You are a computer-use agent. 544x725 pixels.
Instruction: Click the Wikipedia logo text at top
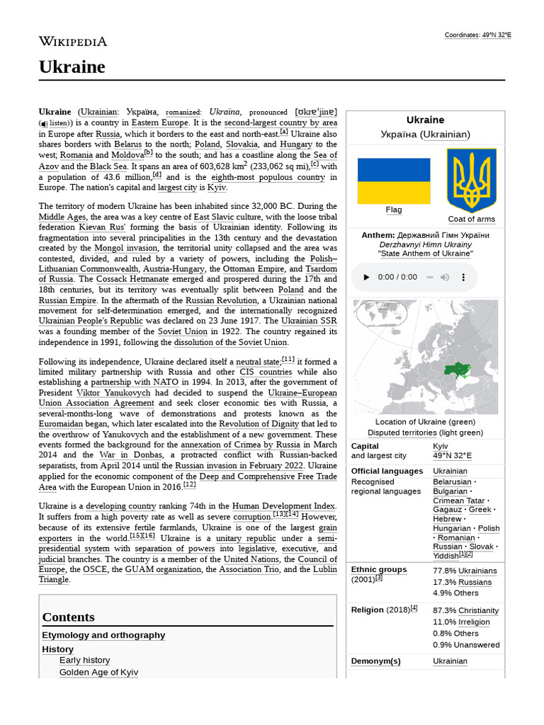tap(73, 42)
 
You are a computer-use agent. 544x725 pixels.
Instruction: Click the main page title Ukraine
tap(72, 67)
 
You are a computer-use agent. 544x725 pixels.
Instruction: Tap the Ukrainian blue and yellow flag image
tap(394, 181)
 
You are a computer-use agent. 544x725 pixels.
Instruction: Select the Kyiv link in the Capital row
tap(441, 446)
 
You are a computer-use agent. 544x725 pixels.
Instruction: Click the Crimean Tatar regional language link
tap(459, 501)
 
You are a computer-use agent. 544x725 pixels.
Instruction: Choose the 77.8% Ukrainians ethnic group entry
tap(465, 571)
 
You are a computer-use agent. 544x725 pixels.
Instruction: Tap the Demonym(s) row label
tap(375, 661)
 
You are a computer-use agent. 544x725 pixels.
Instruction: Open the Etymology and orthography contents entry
tap(103, 635)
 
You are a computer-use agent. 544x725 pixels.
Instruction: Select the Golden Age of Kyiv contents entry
tap(98, 672)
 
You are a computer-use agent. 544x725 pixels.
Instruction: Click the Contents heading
tap(68, 617)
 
